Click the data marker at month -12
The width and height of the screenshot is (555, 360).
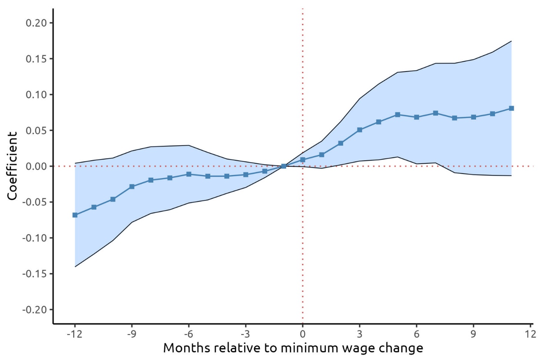pos(75,215)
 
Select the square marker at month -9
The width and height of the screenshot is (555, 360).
pos(132,186)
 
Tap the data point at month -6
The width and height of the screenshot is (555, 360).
pos(189,174)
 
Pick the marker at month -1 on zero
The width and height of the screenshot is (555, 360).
pos(284,166)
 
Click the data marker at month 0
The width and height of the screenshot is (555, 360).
pos(303,160)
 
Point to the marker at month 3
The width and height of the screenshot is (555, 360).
pos(360,130)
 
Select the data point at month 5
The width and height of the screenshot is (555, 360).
pos(398,114)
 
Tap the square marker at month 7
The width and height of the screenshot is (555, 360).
pos(435,113)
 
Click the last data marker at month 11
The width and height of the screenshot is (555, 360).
pos(511,108)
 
